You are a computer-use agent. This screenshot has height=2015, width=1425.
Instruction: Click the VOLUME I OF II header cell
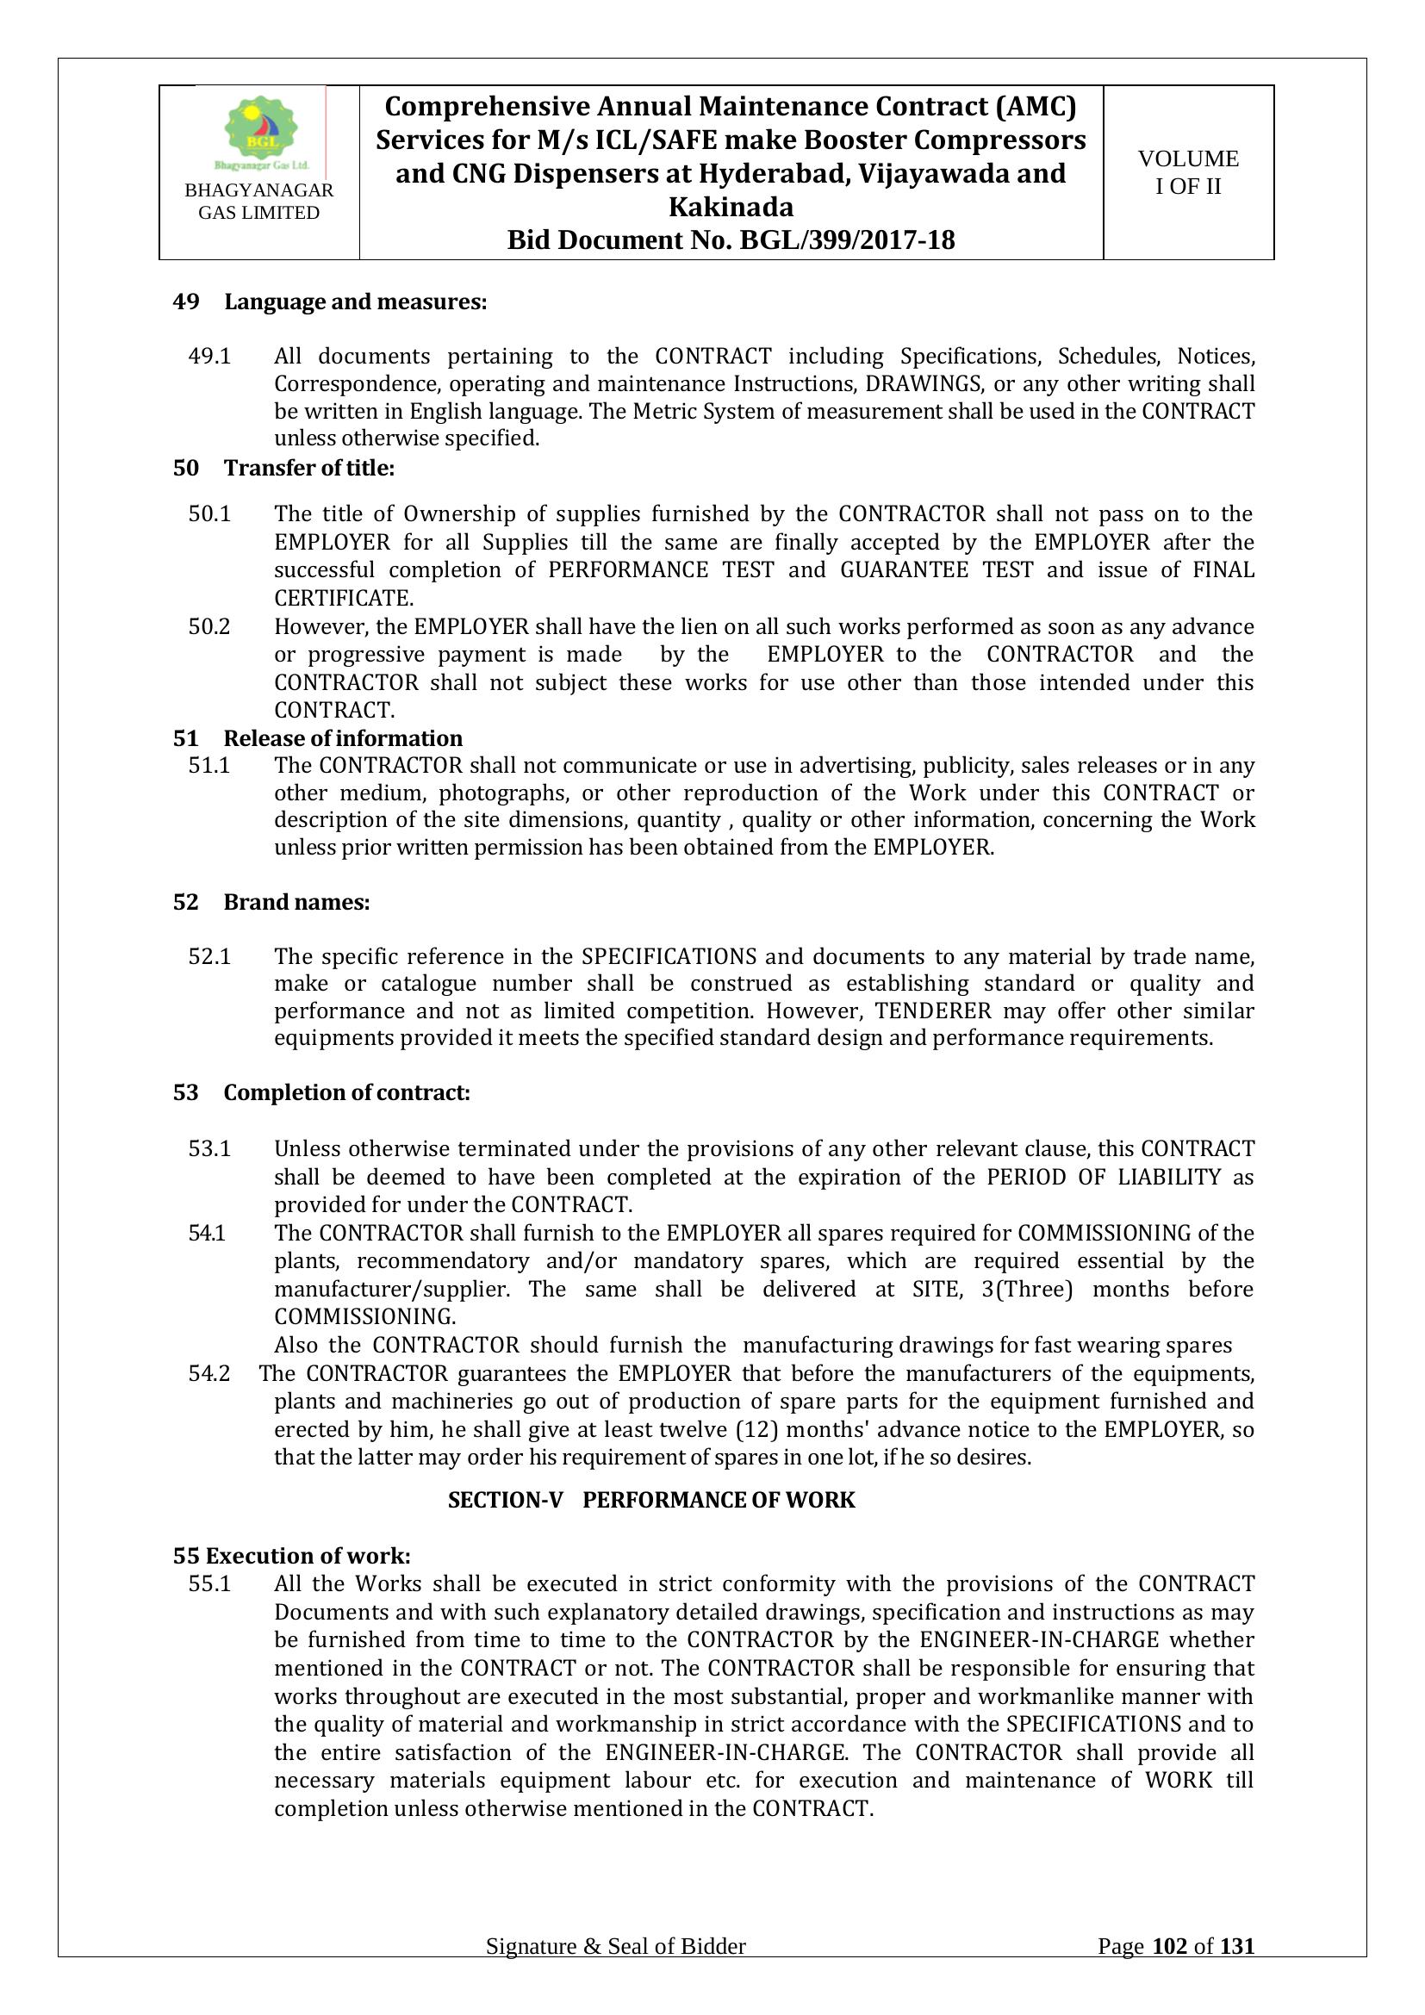click(1187, 172)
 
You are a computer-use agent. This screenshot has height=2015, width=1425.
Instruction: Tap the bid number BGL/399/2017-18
click(847, 239)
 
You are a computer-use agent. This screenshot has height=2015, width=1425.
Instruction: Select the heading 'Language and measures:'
click(355, 302)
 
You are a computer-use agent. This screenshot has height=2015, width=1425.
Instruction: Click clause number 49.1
click(209, 357)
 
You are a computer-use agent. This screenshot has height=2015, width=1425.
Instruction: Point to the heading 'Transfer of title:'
click(309, 468)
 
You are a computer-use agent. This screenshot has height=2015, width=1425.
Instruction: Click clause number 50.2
click(209, 626)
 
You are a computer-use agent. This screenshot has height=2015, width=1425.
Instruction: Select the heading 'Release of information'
click(343, 738)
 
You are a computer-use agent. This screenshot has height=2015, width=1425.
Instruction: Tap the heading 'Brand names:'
click(296, 902)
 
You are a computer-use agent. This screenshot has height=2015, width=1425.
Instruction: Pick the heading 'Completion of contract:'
click(346, 1092)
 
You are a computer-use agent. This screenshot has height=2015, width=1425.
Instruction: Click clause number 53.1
click(209, 1149)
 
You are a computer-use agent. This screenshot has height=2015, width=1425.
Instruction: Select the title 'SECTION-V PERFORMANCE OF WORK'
click(651, 1500)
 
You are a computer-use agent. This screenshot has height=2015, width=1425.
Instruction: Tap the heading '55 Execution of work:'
click(292, 1556)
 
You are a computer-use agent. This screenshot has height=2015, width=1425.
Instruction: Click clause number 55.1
click(209, 1584)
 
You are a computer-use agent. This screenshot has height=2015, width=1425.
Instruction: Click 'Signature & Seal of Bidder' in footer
click(616, 1947)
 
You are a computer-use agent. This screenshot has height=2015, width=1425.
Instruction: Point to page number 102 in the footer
click(1169, 1947)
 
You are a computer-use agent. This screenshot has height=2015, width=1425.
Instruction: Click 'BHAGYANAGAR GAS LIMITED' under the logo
click(258, 202)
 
